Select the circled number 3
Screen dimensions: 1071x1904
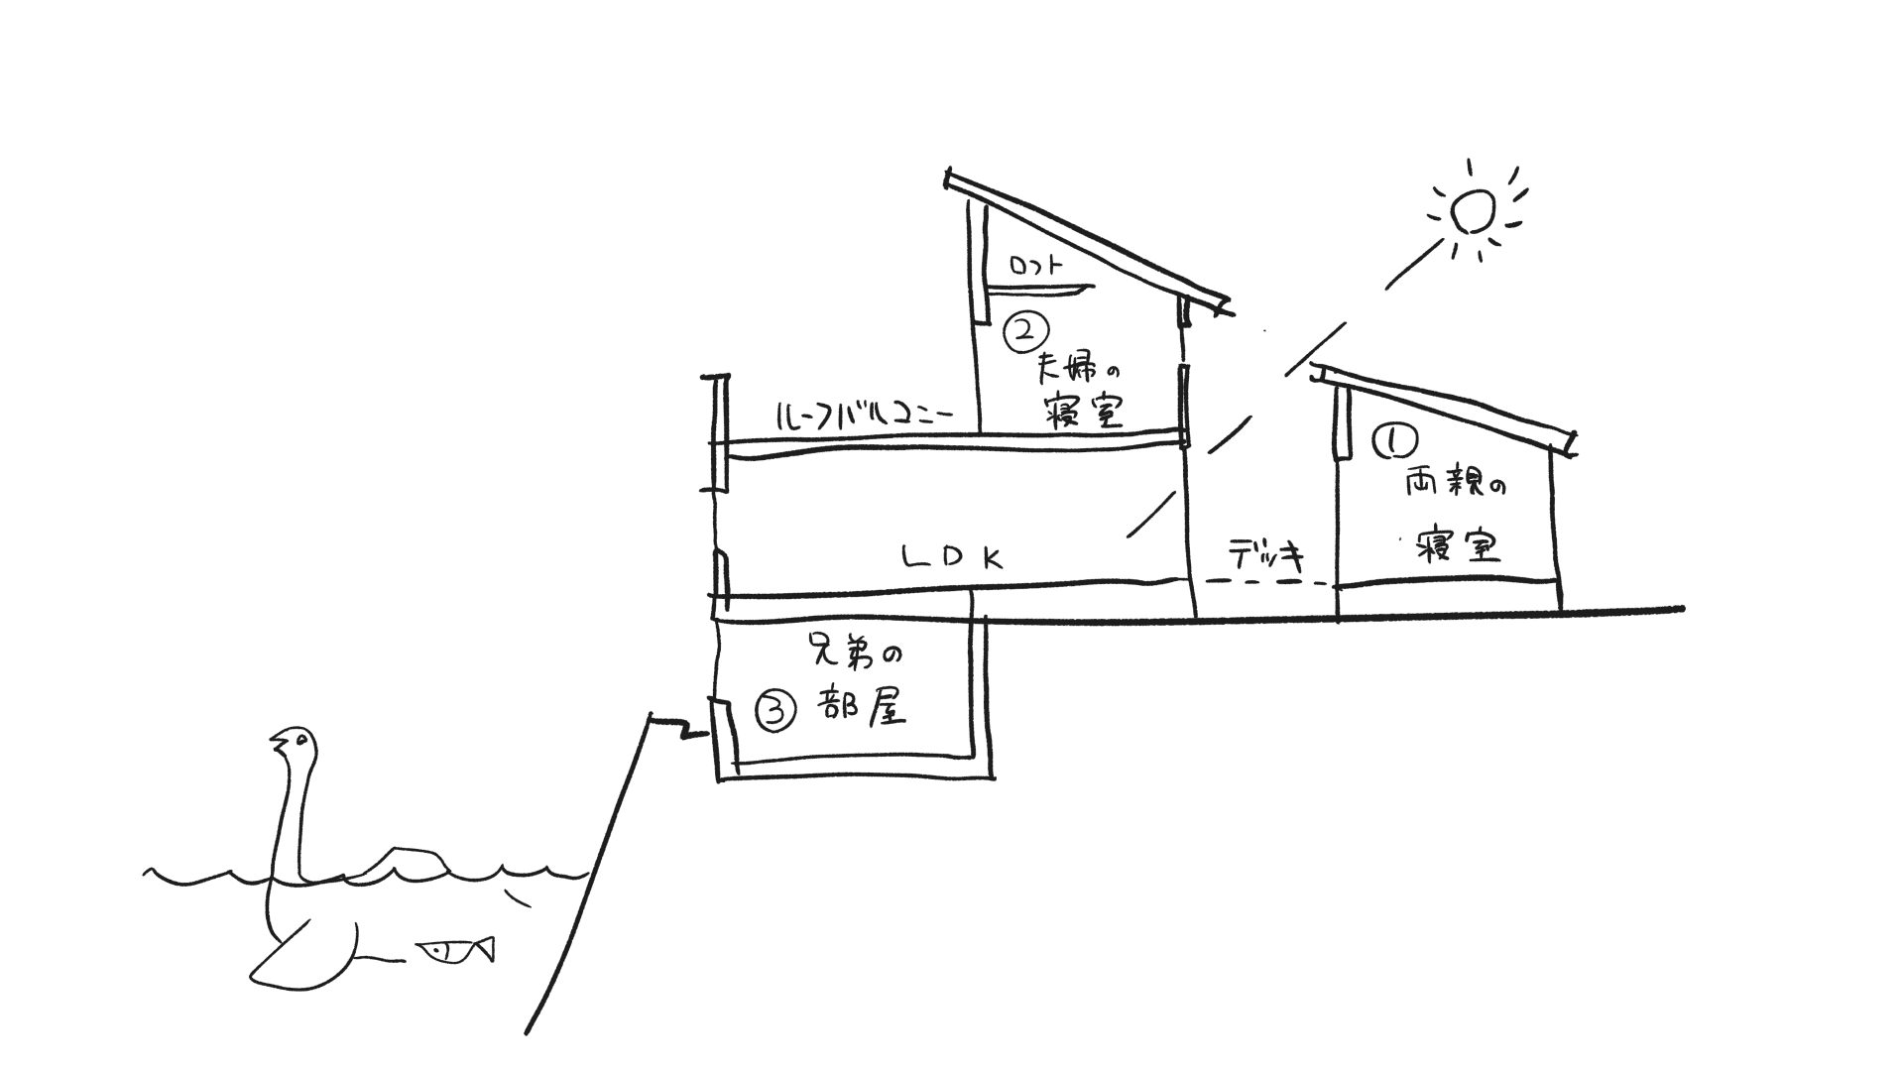776,710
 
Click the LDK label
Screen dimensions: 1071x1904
952,558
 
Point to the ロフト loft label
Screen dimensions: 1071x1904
1035,266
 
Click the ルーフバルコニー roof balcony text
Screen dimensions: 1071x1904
863,415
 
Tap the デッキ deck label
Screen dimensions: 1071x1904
1266,555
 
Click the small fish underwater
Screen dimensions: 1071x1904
454,951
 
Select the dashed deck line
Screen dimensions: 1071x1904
1264,582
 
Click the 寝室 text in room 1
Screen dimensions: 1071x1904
1456,546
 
